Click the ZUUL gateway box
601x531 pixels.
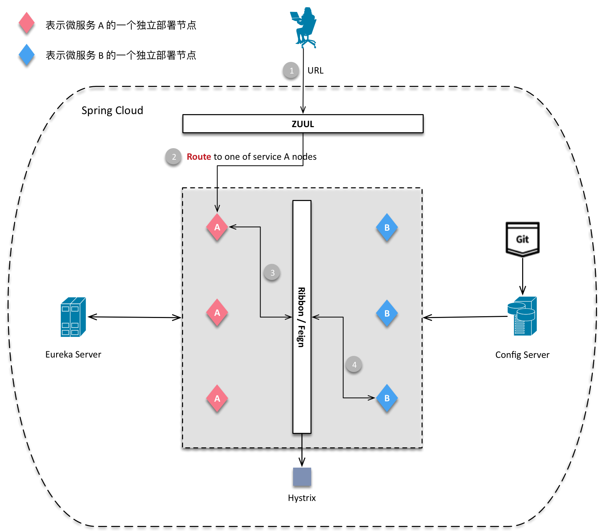302,124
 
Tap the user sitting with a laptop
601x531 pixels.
304,27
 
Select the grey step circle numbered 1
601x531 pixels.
291,71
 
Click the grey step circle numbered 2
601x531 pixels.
173,157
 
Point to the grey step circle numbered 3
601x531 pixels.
272,273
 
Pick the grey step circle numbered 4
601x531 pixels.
354,365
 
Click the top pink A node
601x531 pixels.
217,227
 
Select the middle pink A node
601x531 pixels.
217,313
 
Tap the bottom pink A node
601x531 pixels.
217,398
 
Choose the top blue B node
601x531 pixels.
387,227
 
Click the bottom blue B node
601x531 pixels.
387,398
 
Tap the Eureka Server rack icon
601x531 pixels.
73,317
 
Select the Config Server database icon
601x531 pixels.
522,316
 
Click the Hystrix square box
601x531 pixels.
302,477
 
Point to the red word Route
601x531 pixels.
199,157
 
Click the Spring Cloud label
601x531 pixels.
112,110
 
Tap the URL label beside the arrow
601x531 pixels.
315,71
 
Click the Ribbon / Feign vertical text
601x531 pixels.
301,317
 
